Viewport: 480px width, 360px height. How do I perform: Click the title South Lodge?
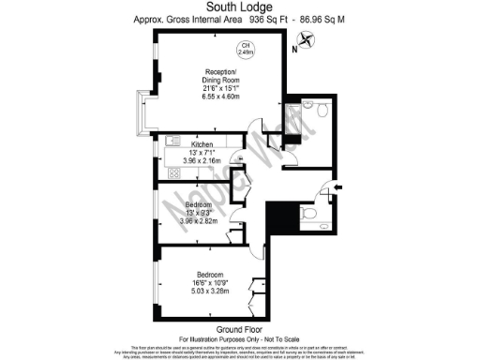240,7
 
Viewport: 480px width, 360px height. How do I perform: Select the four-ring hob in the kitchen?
173,174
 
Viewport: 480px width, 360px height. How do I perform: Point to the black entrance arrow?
337,189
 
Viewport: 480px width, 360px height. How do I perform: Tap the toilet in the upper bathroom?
321,112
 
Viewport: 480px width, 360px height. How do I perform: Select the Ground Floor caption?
240,328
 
